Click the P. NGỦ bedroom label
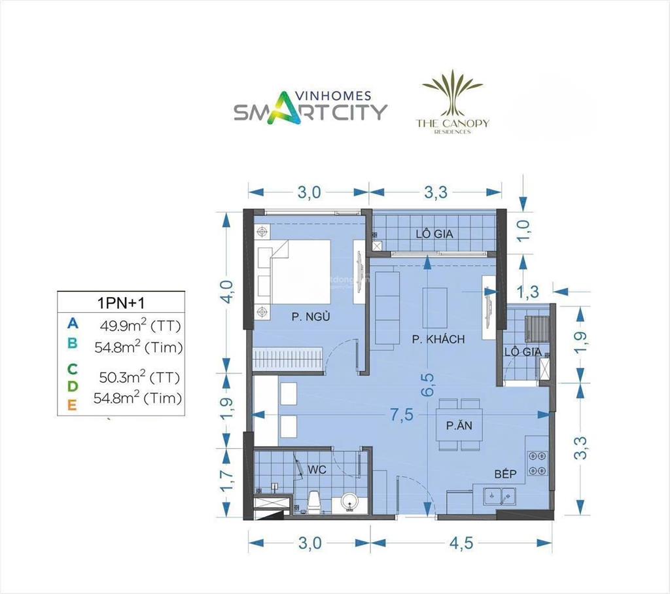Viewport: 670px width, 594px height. pos(309,317)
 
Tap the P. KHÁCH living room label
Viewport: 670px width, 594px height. pos(438,339)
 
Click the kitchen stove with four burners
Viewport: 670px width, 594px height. pos(537,463)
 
